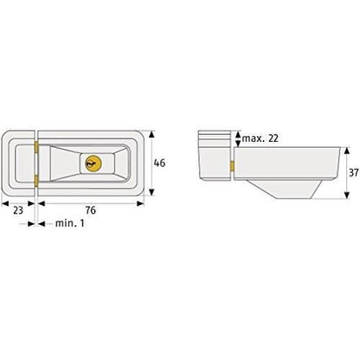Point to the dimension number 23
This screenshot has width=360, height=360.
(17, 209)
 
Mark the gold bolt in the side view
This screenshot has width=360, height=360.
(234, 167)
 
